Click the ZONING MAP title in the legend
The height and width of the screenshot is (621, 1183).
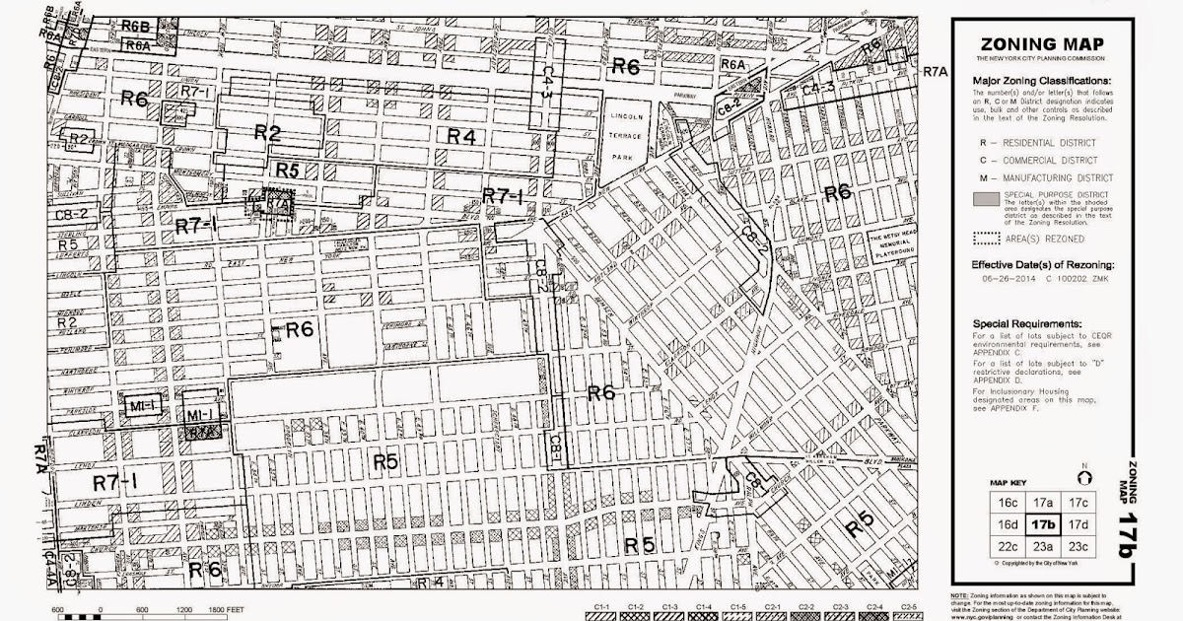(x=1041, y=44)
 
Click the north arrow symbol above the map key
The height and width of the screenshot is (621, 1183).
(x=1084, y=477)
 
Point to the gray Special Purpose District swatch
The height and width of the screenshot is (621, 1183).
(x=994, y=199)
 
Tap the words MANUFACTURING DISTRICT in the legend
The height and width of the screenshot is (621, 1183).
(x=1062, y=177)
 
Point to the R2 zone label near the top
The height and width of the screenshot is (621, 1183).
(x=269, y=132)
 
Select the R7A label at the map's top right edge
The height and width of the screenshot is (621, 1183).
(x=936, y=72)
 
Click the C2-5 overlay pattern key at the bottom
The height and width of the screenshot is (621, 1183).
(x=908, y=609)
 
